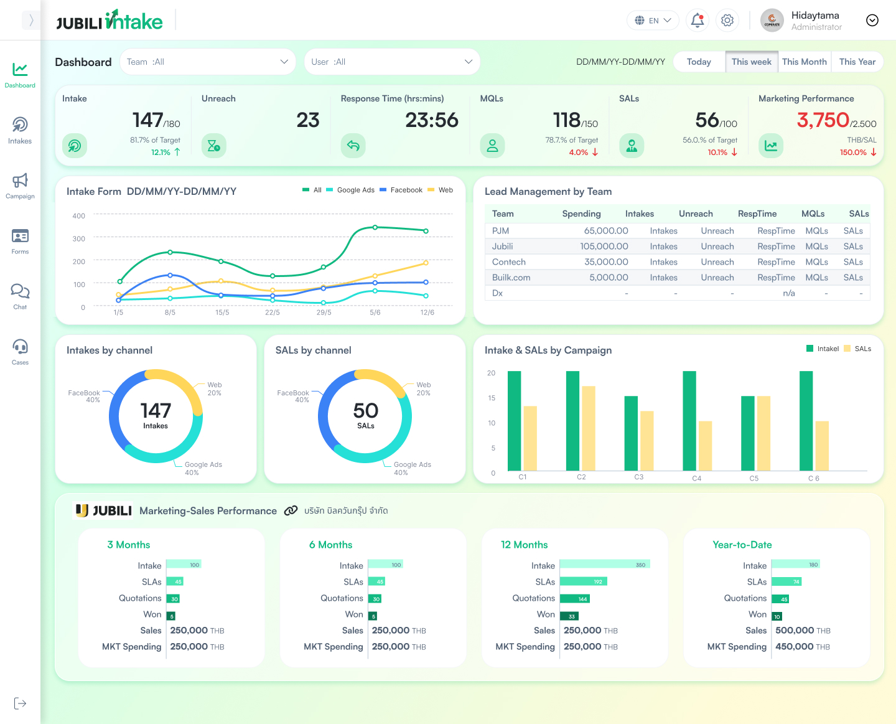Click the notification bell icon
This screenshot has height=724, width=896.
(698, 21)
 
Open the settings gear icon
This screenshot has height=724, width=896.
(727, 21)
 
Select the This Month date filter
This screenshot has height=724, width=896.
(804, 62)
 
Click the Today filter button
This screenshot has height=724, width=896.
(699, 62)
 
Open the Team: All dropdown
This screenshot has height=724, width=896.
(207, 62)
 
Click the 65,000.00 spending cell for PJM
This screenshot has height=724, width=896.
(605, 231)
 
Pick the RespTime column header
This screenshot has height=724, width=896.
(757, 214)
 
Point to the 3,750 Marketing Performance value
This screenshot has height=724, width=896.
(823, 120)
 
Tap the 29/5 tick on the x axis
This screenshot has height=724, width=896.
(324, 313)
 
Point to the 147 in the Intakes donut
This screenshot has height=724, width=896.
(156, 411)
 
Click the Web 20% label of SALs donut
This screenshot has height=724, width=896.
(423, 388)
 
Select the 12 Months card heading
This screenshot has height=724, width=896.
(524, 545)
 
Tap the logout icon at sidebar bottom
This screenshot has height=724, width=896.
(20, 703)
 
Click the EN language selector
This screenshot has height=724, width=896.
(653, 21)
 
